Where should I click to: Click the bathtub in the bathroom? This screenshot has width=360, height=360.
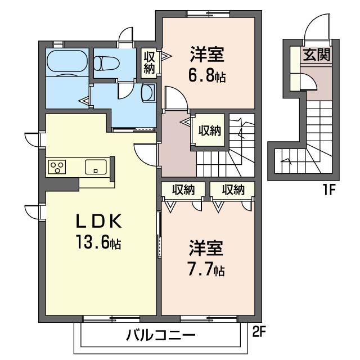click(66, 61)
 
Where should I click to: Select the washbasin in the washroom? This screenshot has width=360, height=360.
click(148, 93)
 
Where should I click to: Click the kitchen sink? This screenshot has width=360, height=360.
click(96, 166)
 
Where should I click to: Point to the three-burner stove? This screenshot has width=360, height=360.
click(58, 166)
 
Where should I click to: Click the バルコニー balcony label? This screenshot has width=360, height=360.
click(160, 336)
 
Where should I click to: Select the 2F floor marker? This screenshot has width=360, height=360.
click(258, 332)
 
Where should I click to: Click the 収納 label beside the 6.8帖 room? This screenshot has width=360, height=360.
click(149, 62)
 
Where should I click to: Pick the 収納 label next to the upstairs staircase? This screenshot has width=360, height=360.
click(209, 130)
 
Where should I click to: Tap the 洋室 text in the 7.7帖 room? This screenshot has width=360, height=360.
click(206, 248)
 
